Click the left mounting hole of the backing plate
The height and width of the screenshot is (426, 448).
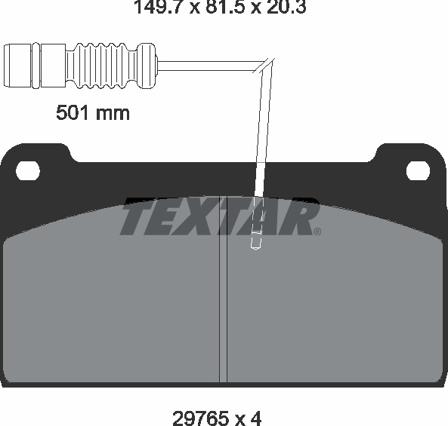[28, 171]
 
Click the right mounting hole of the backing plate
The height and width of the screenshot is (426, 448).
[418, 171]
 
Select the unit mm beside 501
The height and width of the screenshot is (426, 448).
[113, 114]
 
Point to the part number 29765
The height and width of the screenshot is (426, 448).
[200, 418]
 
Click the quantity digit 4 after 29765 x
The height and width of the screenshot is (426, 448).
[255, 418]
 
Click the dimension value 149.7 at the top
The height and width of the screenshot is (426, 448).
[159, 7]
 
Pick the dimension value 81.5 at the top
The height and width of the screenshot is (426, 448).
[226, 7]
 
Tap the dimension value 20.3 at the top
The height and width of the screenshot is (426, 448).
[286, 7]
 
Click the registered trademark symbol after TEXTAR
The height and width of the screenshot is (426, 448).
[317, 231]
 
